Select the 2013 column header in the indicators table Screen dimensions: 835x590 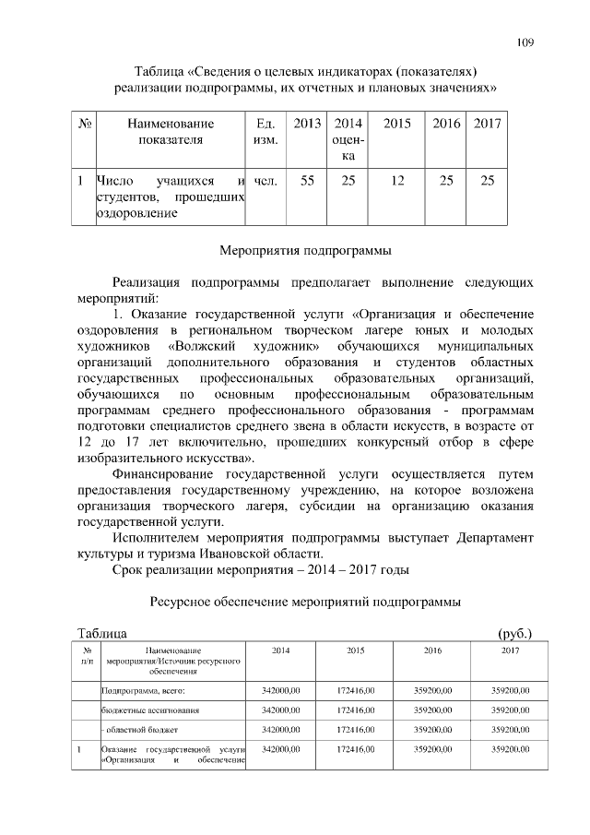click(307, 124)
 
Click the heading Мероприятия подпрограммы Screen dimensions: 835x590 click(305, 250)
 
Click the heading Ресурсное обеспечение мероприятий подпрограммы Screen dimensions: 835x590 click(305, 602)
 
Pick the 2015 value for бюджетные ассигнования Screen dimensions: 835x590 click(355, 710)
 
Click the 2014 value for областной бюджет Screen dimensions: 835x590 click(281, 730)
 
